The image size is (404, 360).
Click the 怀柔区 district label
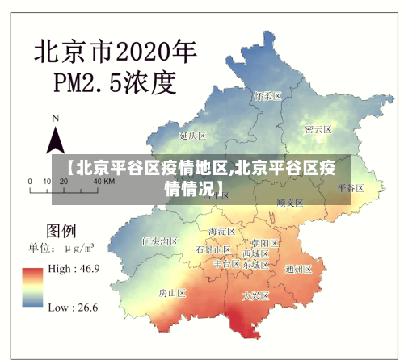coord(267,96)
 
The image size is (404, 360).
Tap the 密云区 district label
coord(318,129)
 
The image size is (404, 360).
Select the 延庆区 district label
coord(194,135)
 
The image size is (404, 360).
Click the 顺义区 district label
coord(290,203)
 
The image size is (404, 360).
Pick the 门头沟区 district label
coord(159,241)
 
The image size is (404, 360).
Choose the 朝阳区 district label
coord(265,242)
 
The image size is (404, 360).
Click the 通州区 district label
coord(299,270)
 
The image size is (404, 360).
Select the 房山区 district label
coord(173,291)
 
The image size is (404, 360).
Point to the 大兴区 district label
coord(257,296)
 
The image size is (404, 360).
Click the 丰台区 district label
coord(226,263)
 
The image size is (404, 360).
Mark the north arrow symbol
coord(55,139)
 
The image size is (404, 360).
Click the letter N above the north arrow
coord(56,118)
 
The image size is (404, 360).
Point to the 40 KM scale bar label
coord(103,182)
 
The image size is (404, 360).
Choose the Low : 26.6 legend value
coord(74,307)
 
